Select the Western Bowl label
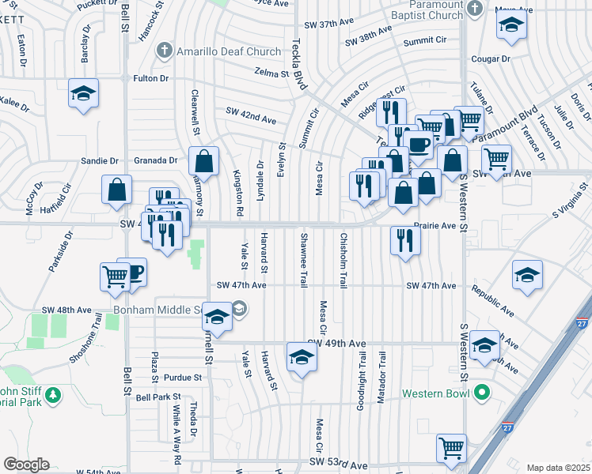(x=435, y=393)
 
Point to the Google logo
(x=26, y=465)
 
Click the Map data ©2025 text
(x=558, y=468)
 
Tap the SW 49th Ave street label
(x=336, y=344)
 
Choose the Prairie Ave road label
(x=435, y=225)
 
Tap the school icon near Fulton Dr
(x=83, y=94)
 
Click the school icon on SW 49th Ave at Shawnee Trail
(x=301, y=358)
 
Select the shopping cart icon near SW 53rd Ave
(x=452, y=447)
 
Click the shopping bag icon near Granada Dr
(x=204, y=161)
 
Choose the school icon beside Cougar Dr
(x=511, y=28)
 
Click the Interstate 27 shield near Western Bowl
(x=507, y=427)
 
